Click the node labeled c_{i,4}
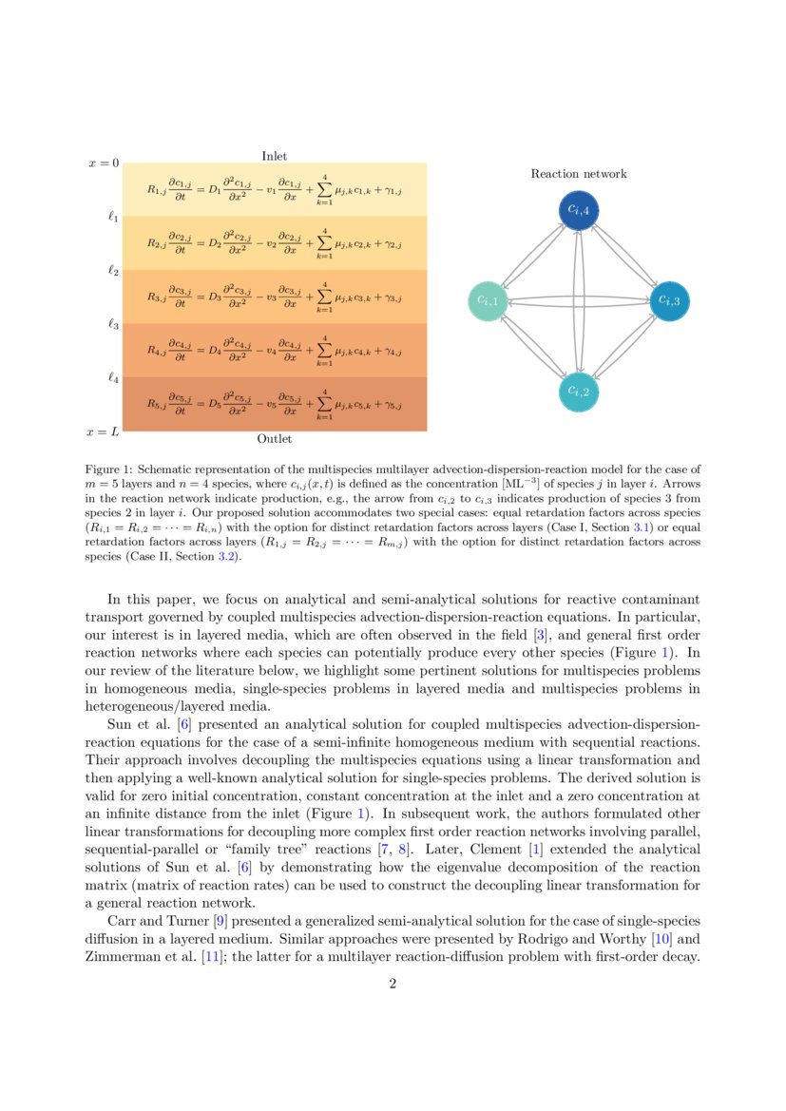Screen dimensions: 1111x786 pos(579,209)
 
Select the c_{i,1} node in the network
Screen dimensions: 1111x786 pos(487,301)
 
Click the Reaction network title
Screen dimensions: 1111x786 pos(578,174)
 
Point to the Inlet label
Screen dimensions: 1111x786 pos(275,156)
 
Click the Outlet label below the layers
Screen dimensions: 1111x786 pos(275,439)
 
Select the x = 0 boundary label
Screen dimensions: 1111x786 pos(104,163)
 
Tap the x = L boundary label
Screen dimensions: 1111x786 pos(103,432)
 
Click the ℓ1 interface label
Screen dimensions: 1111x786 pos(113,217)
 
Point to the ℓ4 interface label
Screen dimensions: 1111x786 pos(113,378)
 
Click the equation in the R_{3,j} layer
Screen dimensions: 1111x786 pos(274,297)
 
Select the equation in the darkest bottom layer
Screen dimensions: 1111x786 pos(274,404)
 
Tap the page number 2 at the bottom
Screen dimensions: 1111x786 pos(393,984)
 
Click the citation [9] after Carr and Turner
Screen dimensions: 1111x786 pos(193,921)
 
